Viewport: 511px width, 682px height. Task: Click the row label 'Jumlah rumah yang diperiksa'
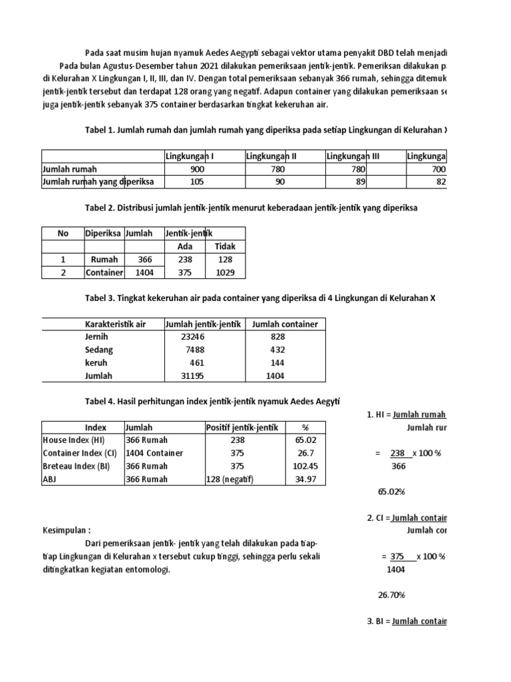pos(98,182)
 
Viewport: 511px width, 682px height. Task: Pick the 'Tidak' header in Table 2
pos(225,246)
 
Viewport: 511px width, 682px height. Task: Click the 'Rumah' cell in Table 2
pos(104,260)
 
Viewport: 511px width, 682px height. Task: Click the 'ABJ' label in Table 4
pos(51,479)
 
